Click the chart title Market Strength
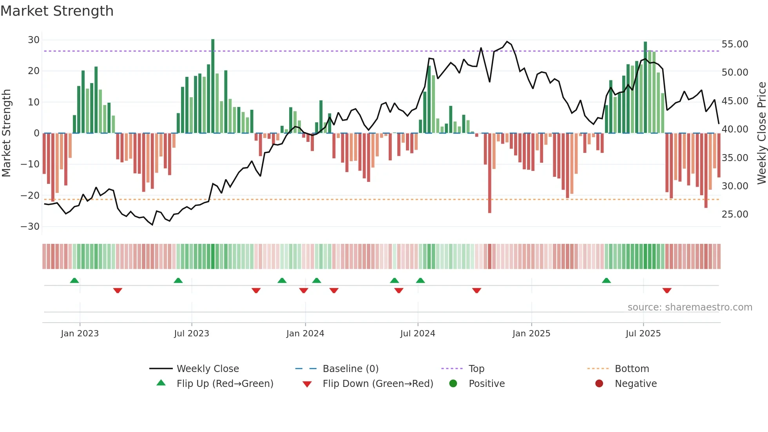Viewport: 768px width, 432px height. click(x=57, y=11)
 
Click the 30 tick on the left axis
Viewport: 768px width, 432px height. click(x=34, y=40)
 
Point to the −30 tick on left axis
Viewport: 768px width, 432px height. click(x=30, y=227)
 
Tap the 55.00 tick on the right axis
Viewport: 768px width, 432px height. click(x=735, y=44)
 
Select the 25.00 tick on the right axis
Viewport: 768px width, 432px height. click(x=735, y=214)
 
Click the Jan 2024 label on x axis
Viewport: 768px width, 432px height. click(x=305, y=334)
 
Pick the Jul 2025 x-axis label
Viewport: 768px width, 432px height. click(x=643, y=334)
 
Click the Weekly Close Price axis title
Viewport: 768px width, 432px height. click(x=761, y=133)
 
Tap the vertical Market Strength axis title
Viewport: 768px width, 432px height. click(x=7, y=133)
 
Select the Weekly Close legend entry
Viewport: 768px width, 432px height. click(x=207, y=369)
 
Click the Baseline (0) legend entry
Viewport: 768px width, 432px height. click(x=350, y=369)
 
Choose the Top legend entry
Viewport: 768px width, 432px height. click(x=476, y=369)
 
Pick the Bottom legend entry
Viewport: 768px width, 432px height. click(x=632, y=369)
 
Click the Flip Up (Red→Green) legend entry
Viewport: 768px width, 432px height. click(x=225, y=384)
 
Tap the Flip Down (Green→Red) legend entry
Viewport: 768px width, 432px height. click(x=378, y=384)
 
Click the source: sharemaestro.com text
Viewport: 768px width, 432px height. click(x=690, y=307)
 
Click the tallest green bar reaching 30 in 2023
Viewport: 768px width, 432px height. click(x=213, y=86)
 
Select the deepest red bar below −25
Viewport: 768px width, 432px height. click(x=490, y=172)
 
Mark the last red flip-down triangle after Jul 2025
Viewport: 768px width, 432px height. click(x=667, y=290)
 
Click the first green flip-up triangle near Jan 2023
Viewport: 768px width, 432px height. click(x=74, y=280)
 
